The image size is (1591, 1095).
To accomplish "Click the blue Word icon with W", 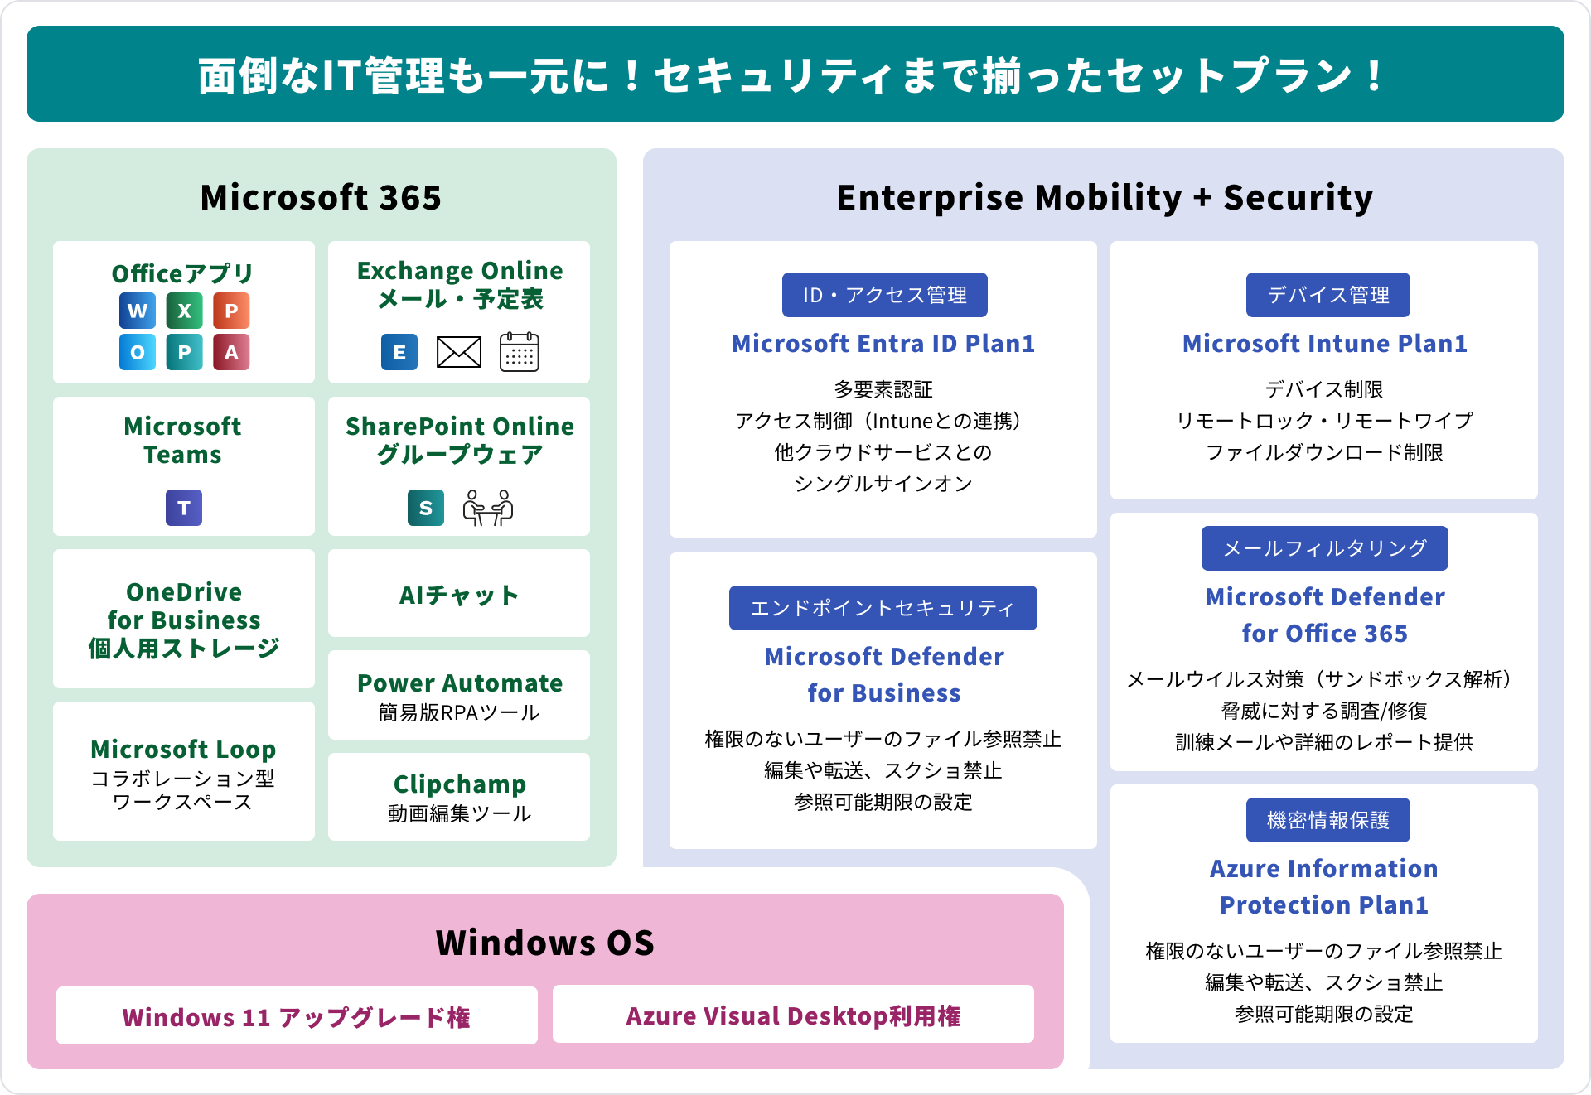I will (138, 311).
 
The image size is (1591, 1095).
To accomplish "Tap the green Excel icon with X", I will (184, 311).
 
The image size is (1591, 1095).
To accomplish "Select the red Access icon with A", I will (231, 352).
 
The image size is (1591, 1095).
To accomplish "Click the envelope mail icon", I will (459, 352).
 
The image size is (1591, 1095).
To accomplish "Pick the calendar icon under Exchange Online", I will (520, 352).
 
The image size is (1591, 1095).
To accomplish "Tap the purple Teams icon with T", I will (184, 508).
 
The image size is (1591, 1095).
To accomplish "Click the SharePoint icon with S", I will (426, 508).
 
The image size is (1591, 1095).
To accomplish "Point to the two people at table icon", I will (488, 508).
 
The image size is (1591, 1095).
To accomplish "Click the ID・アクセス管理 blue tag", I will (884, 295).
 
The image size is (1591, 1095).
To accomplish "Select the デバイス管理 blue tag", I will (1327, 295).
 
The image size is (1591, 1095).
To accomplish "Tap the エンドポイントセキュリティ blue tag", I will (883, 608).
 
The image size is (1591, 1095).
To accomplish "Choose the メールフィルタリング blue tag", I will (1324, 548).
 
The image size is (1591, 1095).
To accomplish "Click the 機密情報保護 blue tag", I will (1327, 820).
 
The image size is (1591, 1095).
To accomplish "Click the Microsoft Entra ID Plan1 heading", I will (883, 344).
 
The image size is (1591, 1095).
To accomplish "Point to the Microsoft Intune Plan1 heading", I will (1324, 344).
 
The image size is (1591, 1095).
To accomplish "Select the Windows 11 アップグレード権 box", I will (297, 1016).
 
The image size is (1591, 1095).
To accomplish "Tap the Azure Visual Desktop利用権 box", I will (793, 1015).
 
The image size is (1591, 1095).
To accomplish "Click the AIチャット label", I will (459, 595).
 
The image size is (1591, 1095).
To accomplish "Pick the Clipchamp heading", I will (459, 784).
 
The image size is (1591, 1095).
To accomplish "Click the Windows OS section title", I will (545, 943).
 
